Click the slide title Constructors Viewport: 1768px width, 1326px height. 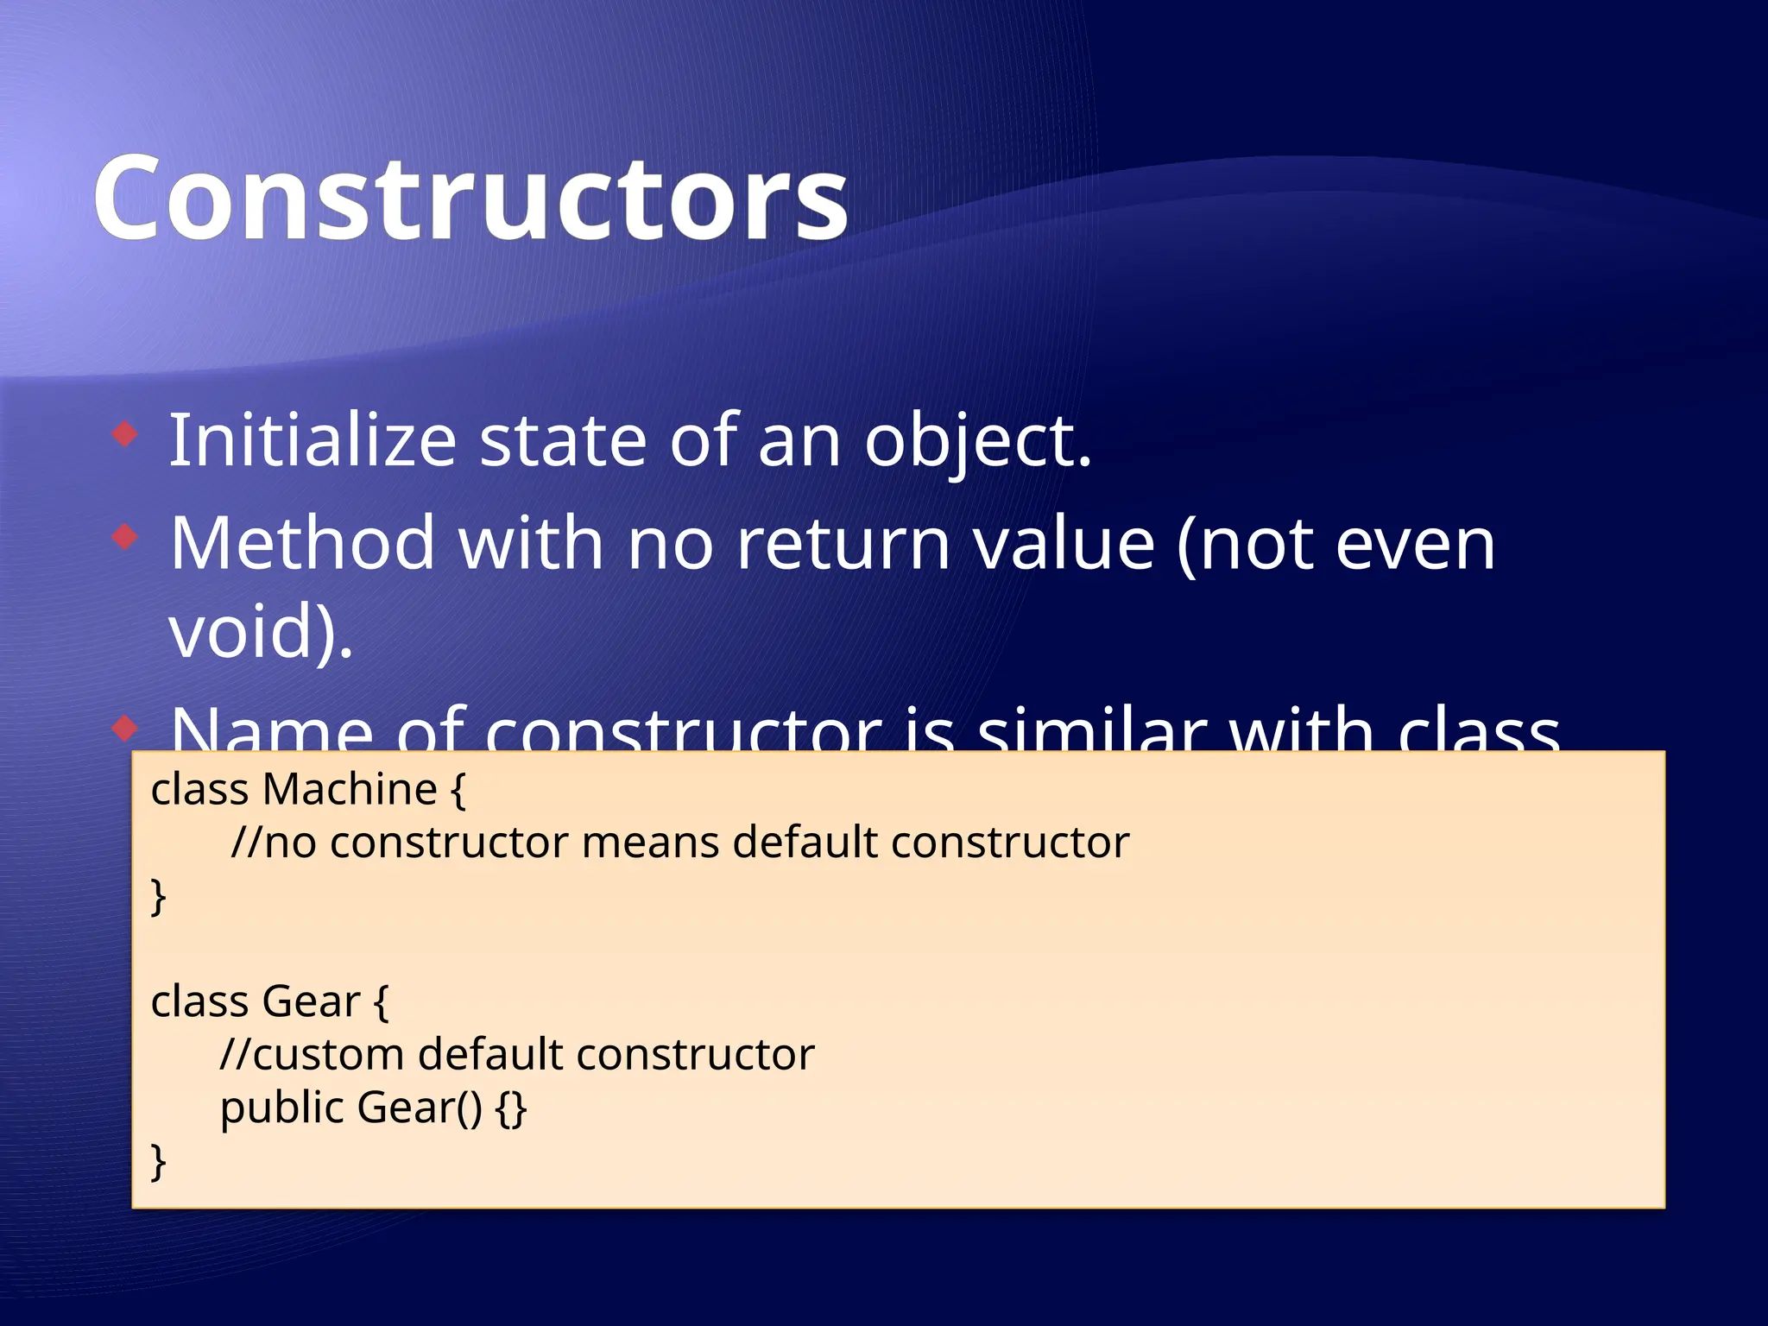(470, 199)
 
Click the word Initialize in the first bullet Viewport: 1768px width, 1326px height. (312, 441)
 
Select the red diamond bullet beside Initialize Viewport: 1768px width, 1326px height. (125, 433)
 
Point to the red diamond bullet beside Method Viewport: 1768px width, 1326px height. (125, 538)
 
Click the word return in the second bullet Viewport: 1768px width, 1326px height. (843, 544)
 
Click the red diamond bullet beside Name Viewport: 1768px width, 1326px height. (125, 728)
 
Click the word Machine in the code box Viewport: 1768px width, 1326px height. (350, 789)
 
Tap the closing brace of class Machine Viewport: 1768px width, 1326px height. (158, 896)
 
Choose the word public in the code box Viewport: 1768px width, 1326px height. (281, 1108)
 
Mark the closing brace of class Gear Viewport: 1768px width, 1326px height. (158, 1161)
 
